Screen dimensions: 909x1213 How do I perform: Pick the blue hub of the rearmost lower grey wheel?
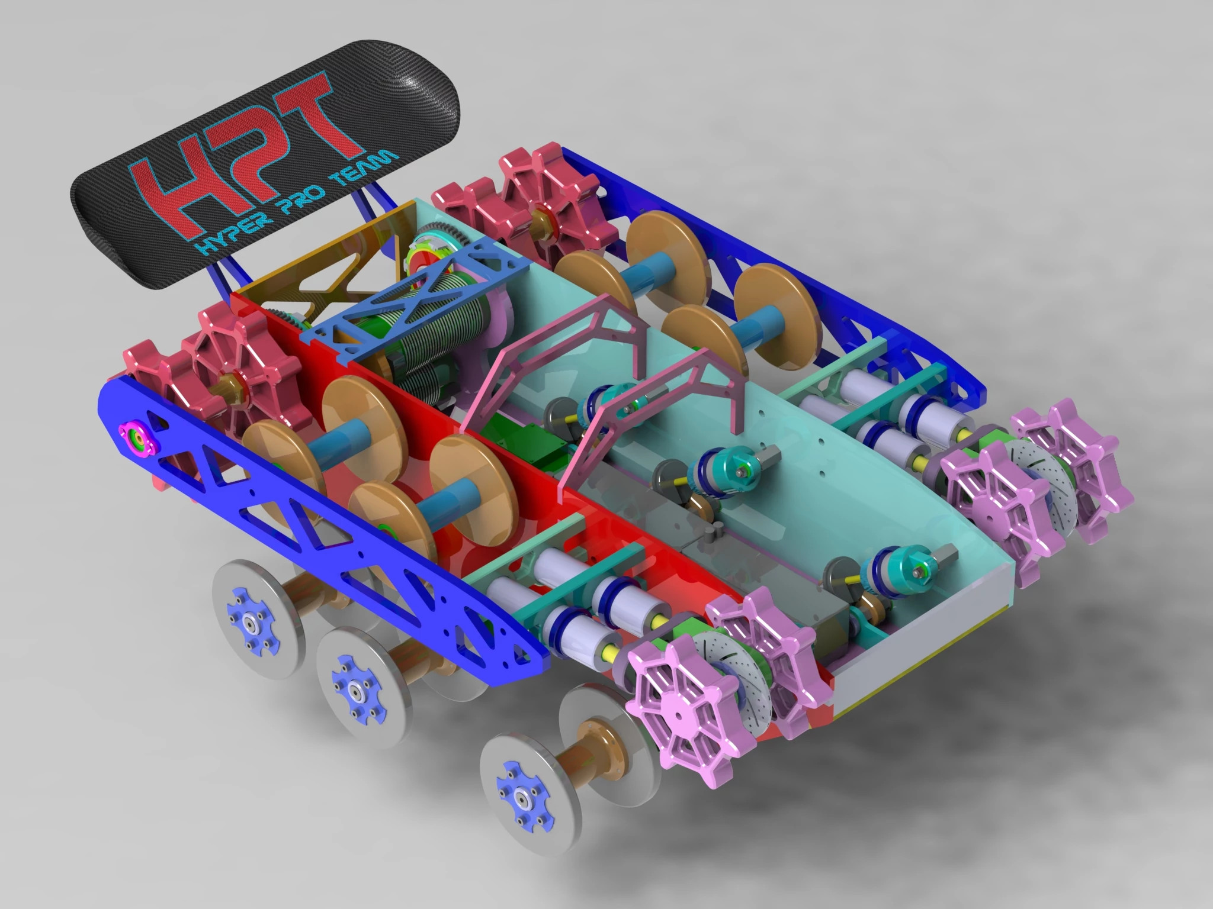246,616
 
